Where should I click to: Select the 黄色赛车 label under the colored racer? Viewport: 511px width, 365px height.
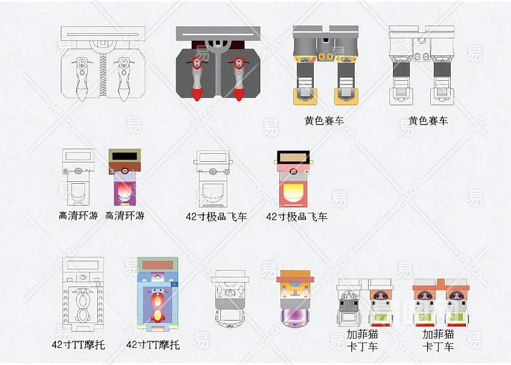[324, 120]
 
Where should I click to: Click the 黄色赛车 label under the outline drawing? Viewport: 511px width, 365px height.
[428, 120]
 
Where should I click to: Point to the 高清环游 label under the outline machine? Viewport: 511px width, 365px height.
[78, 215]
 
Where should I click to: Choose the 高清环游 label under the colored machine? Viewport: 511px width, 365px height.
[125, 215]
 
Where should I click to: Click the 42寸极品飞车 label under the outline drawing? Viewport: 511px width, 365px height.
[217, 216]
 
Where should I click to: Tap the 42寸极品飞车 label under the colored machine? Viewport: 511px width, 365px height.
[297, 216]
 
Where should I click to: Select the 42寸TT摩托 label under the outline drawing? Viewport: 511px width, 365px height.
[78, 345]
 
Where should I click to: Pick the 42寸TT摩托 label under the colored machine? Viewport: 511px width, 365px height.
[153, 344]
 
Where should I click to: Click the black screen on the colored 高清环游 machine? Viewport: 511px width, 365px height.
[125, 156]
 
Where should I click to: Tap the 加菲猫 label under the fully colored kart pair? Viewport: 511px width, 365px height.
[438, 334]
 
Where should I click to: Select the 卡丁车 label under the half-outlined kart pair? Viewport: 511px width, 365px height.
[363, 347]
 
